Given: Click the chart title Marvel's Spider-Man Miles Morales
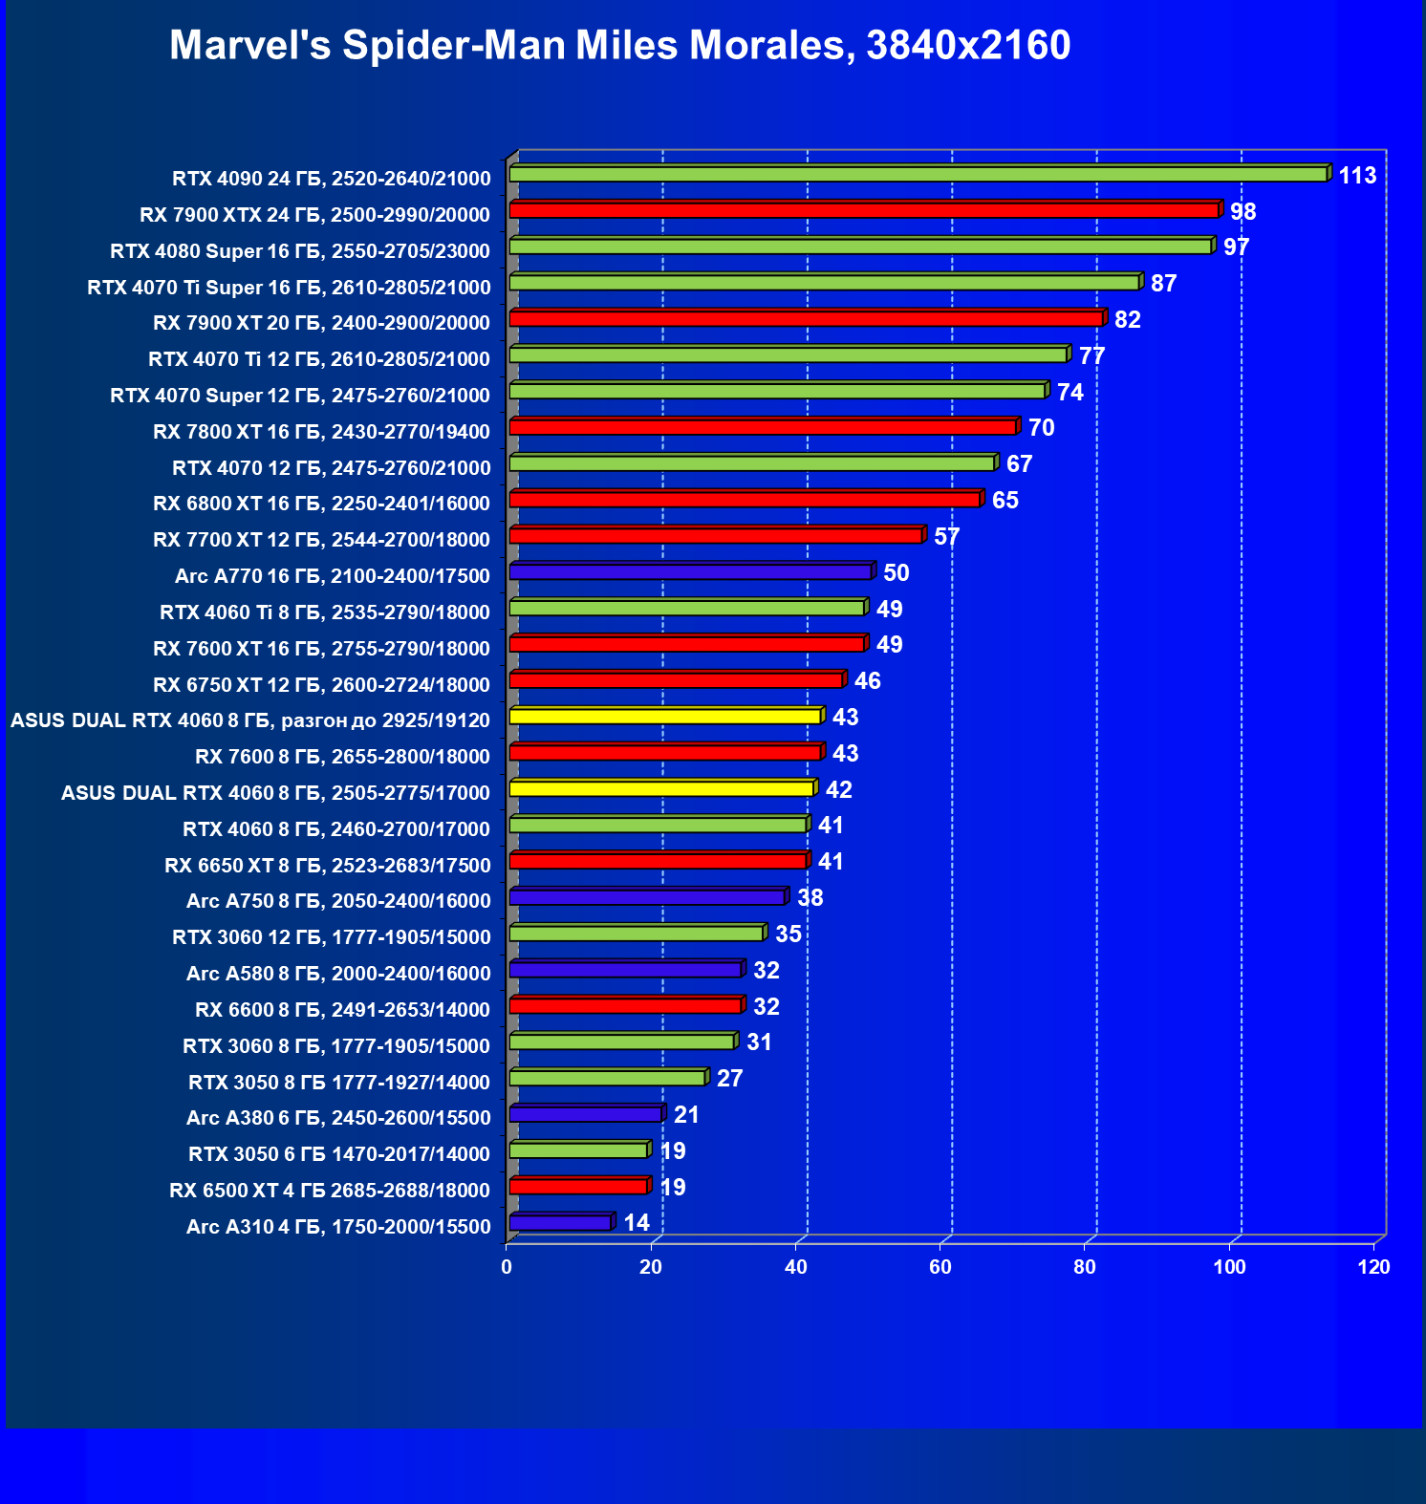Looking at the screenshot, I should click(x=619, y=45).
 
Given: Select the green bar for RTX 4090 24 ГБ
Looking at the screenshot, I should click(x=918, y=174).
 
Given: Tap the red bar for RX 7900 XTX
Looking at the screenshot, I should click(x=864, y=210).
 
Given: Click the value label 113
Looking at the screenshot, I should click(x=1357, y=176).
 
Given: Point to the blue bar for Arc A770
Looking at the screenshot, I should click(x=690, y=571).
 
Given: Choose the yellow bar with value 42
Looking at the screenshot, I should click(x=661, y=788).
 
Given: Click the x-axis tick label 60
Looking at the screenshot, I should click(x=940, y=1267).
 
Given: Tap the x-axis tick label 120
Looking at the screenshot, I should click(x=1374, y=1267).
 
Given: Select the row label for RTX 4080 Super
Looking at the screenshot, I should click(x=300, y=251).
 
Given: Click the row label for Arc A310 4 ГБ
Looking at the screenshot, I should click(x=338, y=1227).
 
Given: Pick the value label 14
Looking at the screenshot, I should click(x=637, y=1223).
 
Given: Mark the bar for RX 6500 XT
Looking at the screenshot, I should click(x=578, y=1187).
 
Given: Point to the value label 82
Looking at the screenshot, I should click(x=1128, y=320).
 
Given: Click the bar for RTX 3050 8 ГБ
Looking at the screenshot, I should click(x=608, y=1078).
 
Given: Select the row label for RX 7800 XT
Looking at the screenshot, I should click(x=321, y=432).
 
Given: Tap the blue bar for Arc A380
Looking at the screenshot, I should click(x=585, y=1114).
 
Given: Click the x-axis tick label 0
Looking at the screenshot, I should click(x=507, y=1267).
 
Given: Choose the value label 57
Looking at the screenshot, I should click(x=946, y=537).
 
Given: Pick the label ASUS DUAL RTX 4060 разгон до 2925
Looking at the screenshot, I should click(x=250, y=720).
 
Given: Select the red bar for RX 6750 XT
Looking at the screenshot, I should click(x=676, y=680).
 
